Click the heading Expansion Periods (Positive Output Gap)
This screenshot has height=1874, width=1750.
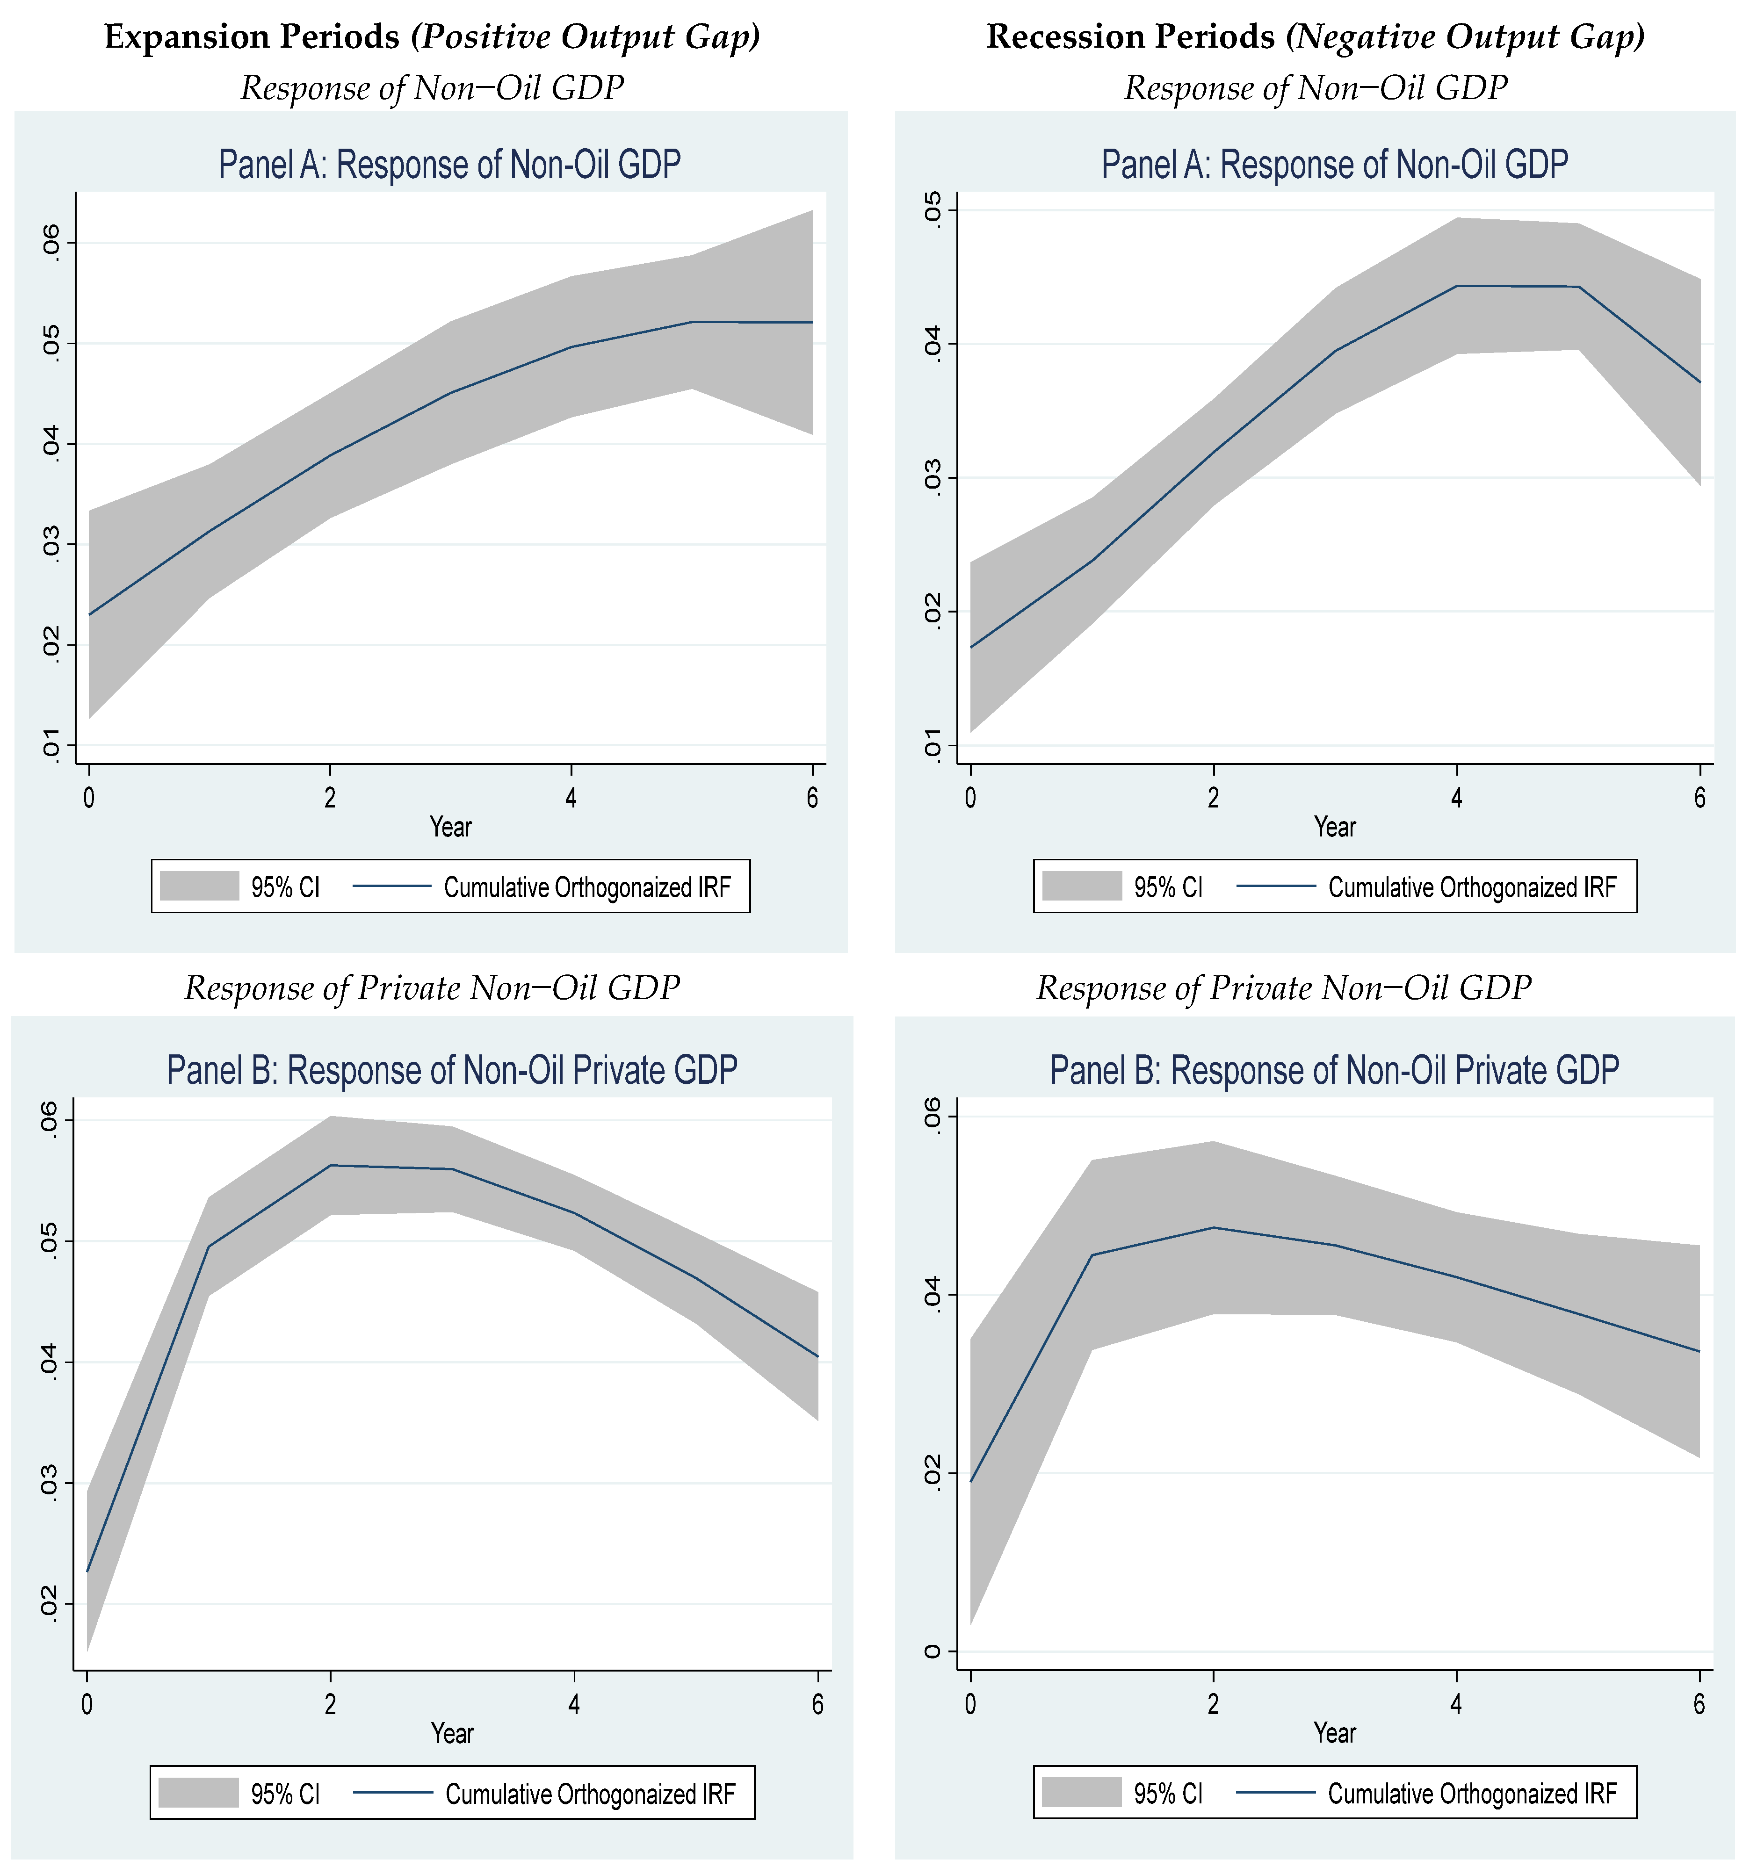(x=432, y=38)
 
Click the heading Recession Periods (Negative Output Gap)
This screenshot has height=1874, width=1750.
(x=1316, y=38)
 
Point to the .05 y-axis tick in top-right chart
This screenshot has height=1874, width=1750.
(x=932, y=209)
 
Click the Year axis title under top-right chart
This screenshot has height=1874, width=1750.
(x=1334, y=828)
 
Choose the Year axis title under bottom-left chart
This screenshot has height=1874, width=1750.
(x=452, y=1733)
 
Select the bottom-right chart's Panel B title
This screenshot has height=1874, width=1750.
(x=1334, y=1070)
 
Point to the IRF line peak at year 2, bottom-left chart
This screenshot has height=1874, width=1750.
(x=330, y=1165)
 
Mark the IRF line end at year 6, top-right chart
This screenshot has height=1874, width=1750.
(x=1699, y=382)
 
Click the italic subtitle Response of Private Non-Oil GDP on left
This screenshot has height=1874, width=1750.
(x=432, y=988)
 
